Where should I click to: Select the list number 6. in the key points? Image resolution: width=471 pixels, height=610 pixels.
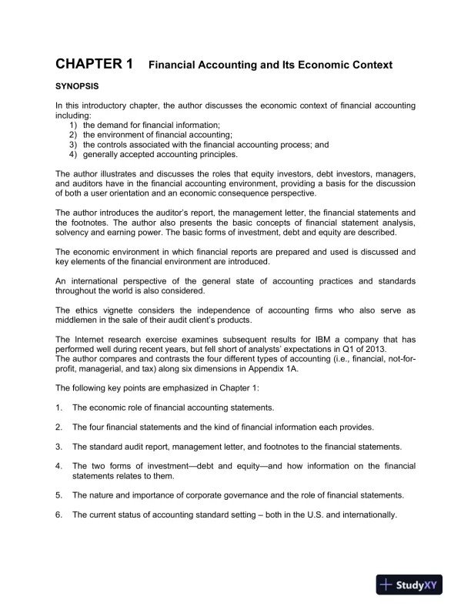[58, 515]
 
